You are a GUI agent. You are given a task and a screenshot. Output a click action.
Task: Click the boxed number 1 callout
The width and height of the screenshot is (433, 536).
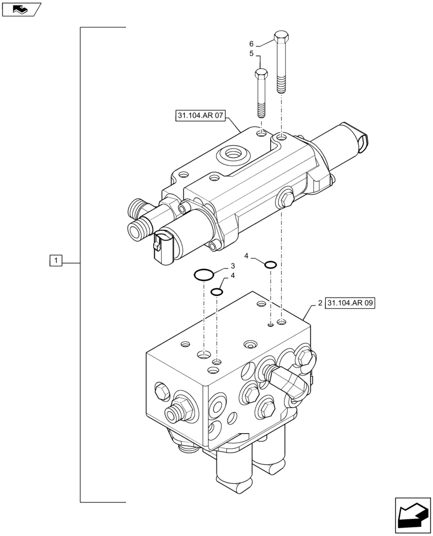(56, 261)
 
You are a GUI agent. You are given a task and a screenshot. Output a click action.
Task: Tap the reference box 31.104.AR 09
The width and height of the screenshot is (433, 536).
(350, 303)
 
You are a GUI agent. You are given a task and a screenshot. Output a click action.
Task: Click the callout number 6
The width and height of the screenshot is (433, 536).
(251, 43)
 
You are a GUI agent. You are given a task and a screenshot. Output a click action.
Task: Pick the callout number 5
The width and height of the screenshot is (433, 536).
(251, 54)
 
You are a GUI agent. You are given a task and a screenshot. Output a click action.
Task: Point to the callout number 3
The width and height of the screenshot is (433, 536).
(233, 266)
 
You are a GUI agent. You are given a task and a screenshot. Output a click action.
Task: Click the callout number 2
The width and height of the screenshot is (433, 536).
(319, 303)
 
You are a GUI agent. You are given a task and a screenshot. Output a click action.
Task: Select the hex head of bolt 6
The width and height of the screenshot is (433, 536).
(281, 39)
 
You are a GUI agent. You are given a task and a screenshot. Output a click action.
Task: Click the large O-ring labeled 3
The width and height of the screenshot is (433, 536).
(204, 276)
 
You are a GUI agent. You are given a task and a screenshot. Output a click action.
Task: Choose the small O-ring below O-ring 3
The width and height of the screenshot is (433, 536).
(216, 292)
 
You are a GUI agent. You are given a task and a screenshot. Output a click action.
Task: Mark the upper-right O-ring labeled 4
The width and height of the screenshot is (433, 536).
(271, 264)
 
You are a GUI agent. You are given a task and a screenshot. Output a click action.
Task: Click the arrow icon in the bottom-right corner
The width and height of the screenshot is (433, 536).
(412, 515)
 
